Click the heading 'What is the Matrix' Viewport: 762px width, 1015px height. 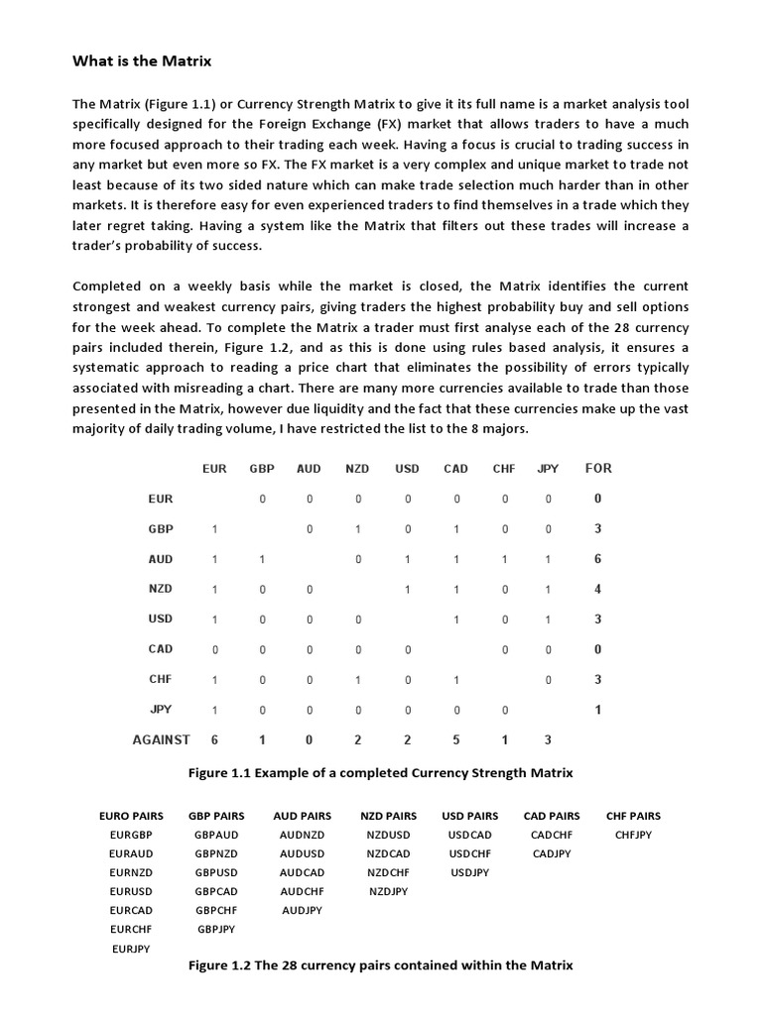click(x=142, y=61)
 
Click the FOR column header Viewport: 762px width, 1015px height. click(x=598, y=468)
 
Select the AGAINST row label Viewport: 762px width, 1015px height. click(x=162, y=739)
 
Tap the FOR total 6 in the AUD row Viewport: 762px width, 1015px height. click(x=597, y=559)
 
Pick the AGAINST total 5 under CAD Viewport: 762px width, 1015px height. click(x=456, y=739)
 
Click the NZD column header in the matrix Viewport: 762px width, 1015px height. click(x=357, y=469)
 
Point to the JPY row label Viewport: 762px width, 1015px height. click(x=161, y=709)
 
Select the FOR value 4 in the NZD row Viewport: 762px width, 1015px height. click(x=597, y=589)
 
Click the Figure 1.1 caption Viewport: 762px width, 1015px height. click(x=380, y=772)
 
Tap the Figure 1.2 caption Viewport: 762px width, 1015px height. click(x=380, y=964)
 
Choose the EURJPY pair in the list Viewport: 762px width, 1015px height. click(x=132, y=949)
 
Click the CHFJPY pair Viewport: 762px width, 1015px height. click(x=633, y=835)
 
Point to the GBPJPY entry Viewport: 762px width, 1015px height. click(x=216, y=929)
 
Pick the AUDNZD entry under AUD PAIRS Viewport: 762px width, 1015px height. click(x=302, y=835)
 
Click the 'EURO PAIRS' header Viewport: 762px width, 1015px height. click(x=131, y=816)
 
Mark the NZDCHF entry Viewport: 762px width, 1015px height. click(x=388, y=872)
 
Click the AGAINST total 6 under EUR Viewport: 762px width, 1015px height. click(x=214, y=739)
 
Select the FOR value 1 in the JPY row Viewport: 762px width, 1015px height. click(x=597, y=710)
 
